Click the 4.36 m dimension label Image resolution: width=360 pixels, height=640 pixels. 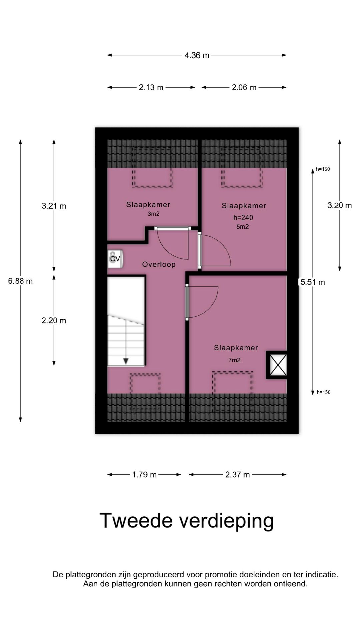click(x=197, y=55)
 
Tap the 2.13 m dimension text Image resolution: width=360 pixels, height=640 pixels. click(x=151, y=88)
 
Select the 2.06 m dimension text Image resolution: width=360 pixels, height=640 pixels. click(x=244, y=88)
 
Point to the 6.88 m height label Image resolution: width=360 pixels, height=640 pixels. click(x=20, y=281)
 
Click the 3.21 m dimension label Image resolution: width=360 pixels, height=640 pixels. click(x=54, y=206)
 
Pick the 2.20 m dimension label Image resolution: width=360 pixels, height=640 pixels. click(x=54, y=321)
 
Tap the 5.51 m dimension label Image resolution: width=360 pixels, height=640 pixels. click(x=313, y=282)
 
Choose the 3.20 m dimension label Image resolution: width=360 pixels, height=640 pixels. click(x=340, y=205)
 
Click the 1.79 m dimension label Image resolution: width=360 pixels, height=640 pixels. click(x=144, y=475)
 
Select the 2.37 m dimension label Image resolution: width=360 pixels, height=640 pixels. click(x=237, y=475)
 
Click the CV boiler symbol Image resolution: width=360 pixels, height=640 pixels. click(x=115, y=259)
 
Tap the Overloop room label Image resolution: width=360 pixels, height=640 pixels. click(x=159, y=265)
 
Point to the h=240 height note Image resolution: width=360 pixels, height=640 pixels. click(x=243, y=218)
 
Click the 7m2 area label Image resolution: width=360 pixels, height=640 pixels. click(x=234, y=360)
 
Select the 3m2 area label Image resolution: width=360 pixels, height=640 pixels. click(x=153, y=214)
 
